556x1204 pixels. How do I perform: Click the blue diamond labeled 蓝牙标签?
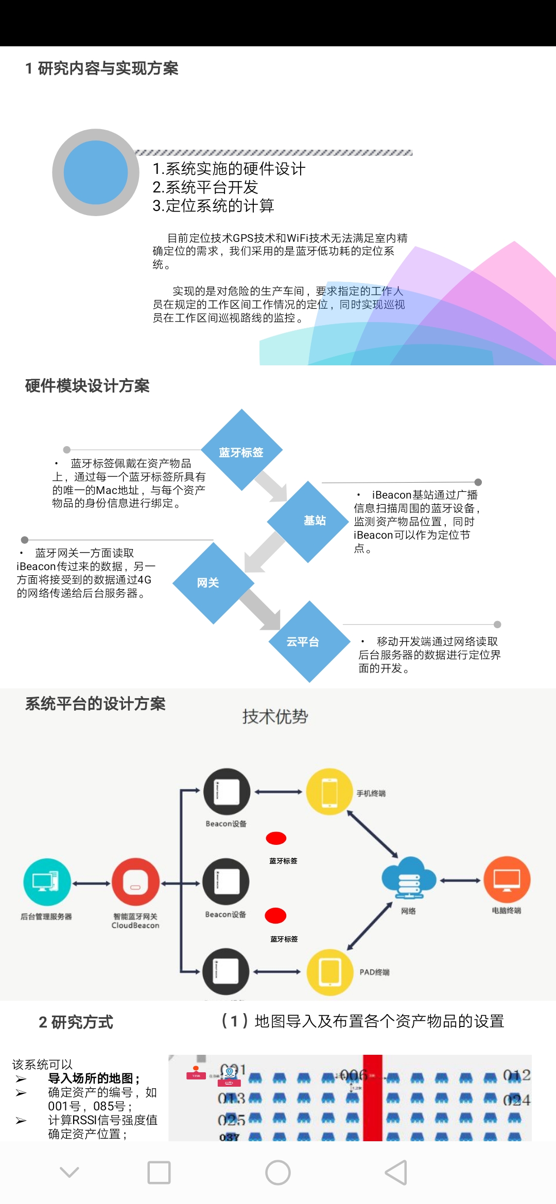[x=241, y=451]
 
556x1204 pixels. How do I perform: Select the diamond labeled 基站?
[x=308, y=521]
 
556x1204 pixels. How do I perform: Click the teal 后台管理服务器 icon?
[x=47, y=882]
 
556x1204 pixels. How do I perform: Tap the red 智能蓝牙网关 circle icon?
[x=135, y=882]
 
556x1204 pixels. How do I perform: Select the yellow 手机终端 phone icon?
[x=329, y=792]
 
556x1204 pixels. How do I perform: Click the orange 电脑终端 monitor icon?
[x=507, y=880]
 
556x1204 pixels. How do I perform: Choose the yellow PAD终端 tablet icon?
[x=330, y=972]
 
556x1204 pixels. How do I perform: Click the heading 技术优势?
[x=275, y=716]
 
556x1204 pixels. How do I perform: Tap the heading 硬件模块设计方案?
[x=88, y=386]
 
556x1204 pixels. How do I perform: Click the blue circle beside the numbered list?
[x=96, y=172]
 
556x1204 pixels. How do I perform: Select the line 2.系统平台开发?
[x=205, y=187]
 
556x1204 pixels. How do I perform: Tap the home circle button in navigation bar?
[x=278, y=1173]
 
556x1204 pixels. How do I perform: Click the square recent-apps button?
[x=159, y=1173]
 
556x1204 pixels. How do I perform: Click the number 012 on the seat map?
[x=516, y=1075]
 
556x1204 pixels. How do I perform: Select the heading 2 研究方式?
[x=76, y=1022]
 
